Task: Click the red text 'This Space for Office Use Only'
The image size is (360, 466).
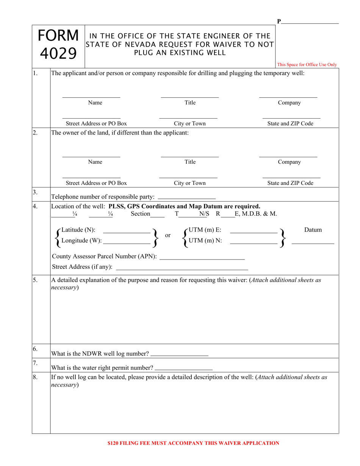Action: point(307,65)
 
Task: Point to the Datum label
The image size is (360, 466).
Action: point(313,230)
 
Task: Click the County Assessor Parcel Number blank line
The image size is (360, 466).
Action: point(202,259)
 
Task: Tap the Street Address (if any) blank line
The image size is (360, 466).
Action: point(182,269)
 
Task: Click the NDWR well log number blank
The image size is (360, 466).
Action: point(179,356)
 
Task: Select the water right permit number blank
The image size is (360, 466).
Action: point(184,369)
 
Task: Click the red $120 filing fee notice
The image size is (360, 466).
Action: point(193,443)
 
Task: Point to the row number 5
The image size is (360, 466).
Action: point(35,280)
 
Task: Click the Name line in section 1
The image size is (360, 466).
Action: point(91,97)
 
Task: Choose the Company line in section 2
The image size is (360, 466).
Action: point(288,156)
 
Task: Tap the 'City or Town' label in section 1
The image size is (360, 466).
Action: point(189,124)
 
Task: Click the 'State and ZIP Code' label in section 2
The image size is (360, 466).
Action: point(290,183)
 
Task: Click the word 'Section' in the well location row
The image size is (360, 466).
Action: point(140,214)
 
